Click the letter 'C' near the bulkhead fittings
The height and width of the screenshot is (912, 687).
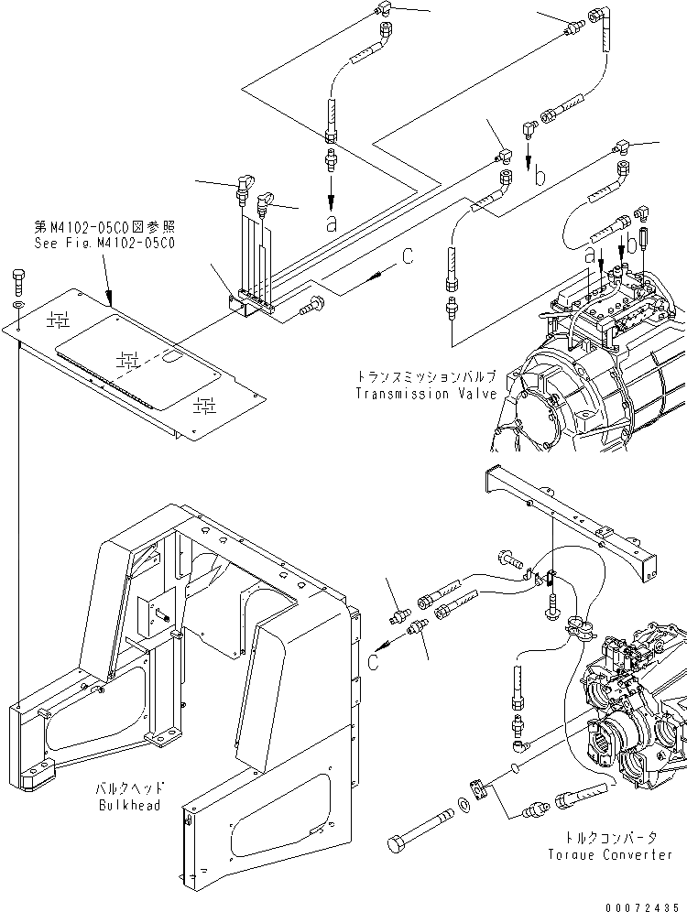click(374, 660)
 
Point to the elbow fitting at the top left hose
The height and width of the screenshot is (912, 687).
click(385, 12)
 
